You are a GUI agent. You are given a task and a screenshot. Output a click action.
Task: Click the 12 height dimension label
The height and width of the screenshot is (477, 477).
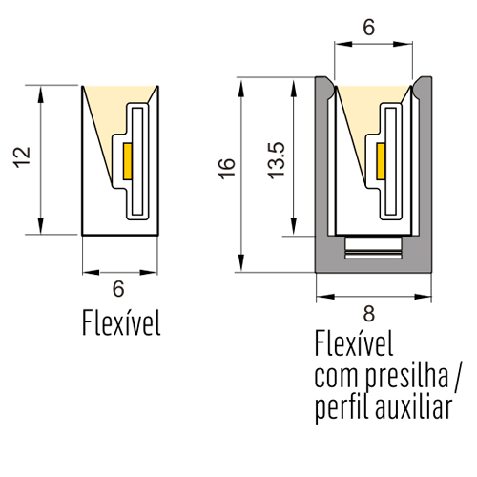[22, 157]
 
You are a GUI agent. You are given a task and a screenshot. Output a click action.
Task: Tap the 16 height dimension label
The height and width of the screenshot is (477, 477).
[228, 169]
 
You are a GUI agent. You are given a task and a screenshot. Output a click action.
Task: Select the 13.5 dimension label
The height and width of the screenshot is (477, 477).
[276, 160]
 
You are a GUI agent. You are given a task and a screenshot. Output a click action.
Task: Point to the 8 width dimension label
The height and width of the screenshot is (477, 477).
[369, 314]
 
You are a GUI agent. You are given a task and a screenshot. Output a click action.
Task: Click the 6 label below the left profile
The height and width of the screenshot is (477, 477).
[118, 289]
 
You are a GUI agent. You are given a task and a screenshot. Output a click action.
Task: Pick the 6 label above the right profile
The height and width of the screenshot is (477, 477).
[369, 28]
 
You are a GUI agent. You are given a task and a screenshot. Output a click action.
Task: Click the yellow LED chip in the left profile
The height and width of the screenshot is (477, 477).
[128, 161]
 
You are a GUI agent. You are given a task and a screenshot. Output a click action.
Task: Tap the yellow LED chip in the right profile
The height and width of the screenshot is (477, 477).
[381, 161]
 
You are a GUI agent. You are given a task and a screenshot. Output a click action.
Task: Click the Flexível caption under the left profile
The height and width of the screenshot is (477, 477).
[121, 322]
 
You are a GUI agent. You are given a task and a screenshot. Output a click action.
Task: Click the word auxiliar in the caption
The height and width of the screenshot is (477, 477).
[413, 406]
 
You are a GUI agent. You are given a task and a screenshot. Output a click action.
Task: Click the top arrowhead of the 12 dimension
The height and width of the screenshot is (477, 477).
[40, 94]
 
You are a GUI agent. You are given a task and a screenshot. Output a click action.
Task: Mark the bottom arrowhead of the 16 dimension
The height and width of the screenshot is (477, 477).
[241, 263]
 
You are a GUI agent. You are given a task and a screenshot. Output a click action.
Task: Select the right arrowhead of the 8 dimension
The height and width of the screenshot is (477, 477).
[423, 297]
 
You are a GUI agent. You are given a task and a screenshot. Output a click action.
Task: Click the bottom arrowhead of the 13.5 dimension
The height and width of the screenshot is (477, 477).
[294, 227]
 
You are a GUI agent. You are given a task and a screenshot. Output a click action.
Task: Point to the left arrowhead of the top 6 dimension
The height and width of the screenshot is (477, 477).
[343, 44]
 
